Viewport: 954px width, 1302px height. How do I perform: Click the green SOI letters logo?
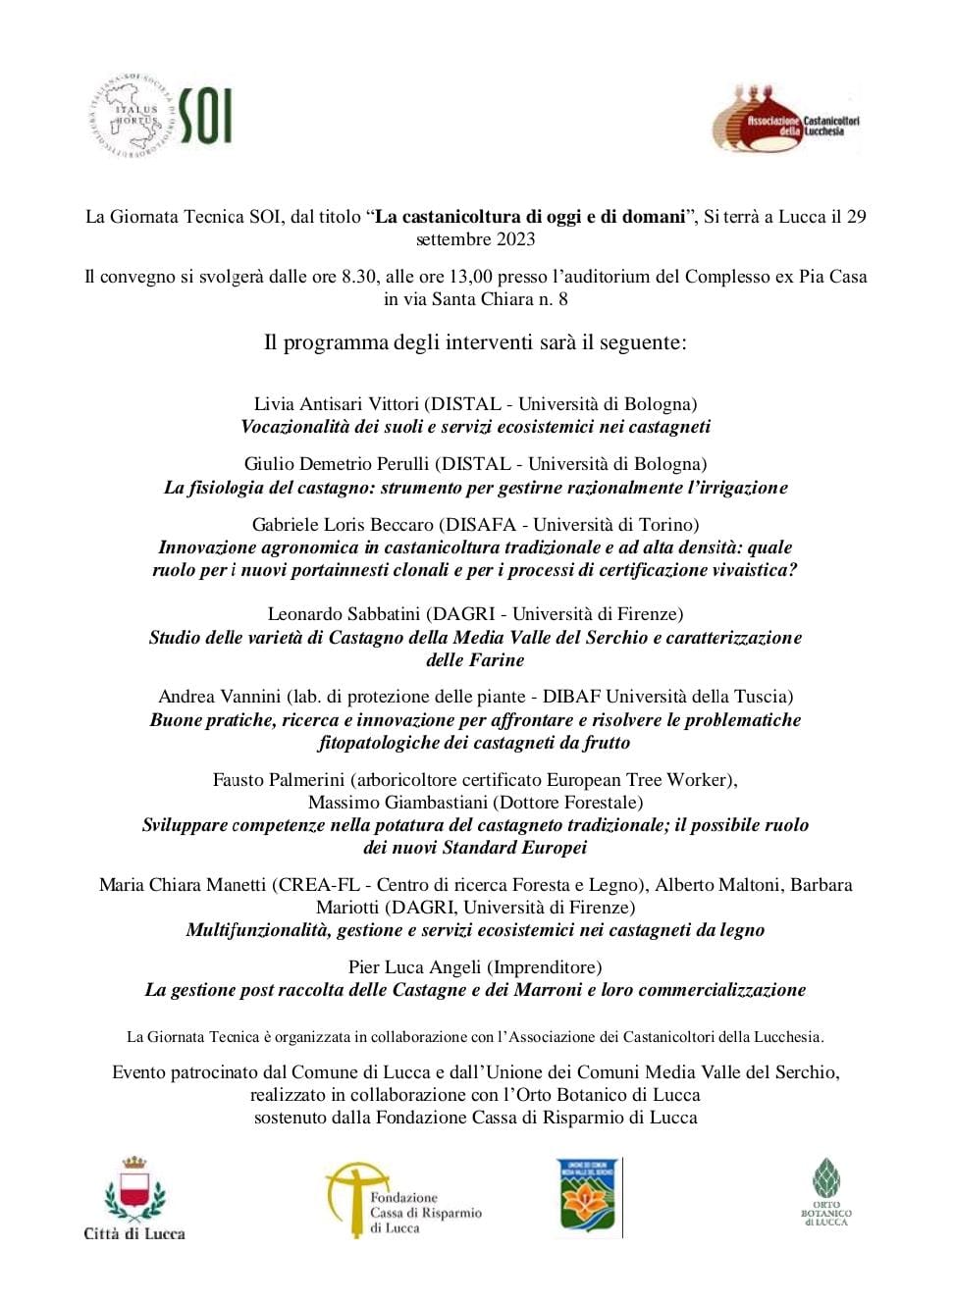(x=205, y=116)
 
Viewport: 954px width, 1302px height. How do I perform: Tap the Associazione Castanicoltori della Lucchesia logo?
(x=786, y=122)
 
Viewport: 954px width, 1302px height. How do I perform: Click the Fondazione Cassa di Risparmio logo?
(x=403, y=1200)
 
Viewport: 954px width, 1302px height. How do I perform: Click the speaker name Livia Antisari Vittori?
(x=336, y=404)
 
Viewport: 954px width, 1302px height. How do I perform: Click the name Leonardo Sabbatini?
(x=344, y=614)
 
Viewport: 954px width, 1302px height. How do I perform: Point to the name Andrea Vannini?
(x=220, y=697)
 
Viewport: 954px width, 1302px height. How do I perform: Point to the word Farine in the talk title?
(x=498, y=660)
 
